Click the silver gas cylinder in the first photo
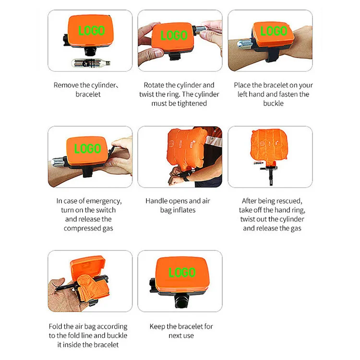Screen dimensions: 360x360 click(x=90, y=63)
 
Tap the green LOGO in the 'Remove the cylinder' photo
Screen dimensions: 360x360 click(x=91, y=31)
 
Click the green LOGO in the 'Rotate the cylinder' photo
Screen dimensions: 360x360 click(x=174, y=35)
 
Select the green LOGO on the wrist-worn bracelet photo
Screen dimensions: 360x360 click(x=273, y=31)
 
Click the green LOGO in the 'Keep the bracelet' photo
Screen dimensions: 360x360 click(x=182, y=273)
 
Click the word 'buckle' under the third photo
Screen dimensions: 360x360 click(x=273, y=104)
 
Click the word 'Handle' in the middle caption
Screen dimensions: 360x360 click(x=156, y=201)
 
